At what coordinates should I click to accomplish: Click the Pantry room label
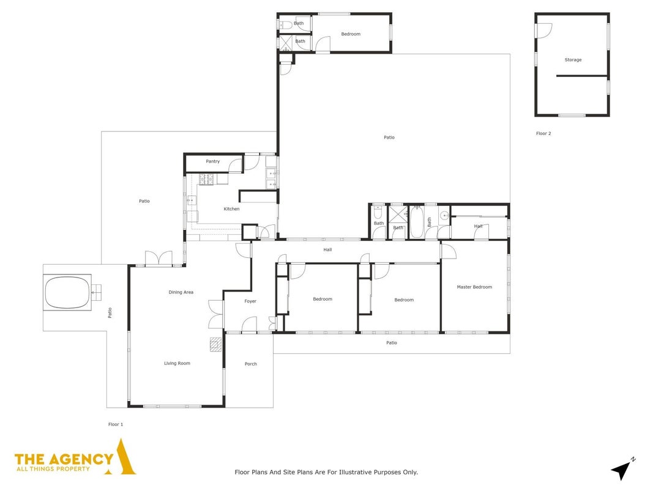pyautogui.click(x=212, y=161)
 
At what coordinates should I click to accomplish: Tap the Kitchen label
pyautogui.click(x=231, y=208)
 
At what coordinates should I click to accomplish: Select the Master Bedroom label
pyautogui.click(x=474, y=287)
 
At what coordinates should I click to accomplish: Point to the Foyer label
pyautogui.click(x=250, y=301)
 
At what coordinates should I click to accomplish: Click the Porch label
pyautogui.click(x=251, y=364)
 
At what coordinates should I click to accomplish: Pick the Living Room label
pyautogui.click(x=177, y=363)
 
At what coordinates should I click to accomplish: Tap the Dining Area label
pyautogui.click(x=181, y=292)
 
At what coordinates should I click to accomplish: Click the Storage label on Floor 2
pyautogui.click(x=573, y=60)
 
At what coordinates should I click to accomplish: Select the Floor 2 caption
pyautogui.click(x=543, y=133)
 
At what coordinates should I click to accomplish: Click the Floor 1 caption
pyautogui.click(x=116, y=425)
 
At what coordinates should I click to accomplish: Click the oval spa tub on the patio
pyautogui.click(x=67, y=292)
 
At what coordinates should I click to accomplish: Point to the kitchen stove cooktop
pyautogui.click(x=206, y=179)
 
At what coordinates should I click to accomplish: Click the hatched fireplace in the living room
pyautogui.click(x=215, y=345)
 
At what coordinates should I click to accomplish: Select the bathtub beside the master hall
pyautogui.click(x=416, y=222)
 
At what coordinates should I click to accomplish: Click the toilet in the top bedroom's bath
pyautogui.click(x=285, y=24)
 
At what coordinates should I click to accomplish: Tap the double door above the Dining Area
pyautogui.click(x=159, y=258)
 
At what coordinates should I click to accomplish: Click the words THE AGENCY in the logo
pyautogui.click(x=64, y=459)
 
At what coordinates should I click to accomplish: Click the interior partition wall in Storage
pyautogui.click(x=582, y=76)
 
